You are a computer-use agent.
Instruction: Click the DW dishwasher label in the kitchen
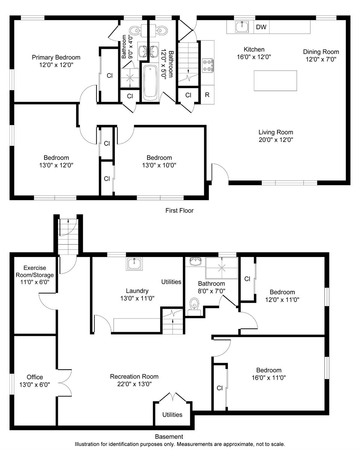[261, 27]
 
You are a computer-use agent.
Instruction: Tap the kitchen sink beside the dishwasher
[242, 27]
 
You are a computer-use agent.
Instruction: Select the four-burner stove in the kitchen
[208, 66]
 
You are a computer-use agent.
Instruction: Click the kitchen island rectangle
[275, 81]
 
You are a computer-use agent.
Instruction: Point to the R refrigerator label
[207, 95]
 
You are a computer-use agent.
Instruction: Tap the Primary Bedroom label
[56, 57]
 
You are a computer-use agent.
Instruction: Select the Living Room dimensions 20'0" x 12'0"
[276, 140]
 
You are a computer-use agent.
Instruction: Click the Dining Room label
[321, 52]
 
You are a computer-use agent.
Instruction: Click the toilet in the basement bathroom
[194, 306]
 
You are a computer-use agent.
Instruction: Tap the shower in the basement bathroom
[222, 268]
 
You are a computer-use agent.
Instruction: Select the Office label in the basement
[35, 377]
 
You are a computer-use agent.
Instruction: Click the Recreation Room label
[134, 376]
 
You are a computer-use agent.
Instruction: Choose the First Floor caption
[179, 210]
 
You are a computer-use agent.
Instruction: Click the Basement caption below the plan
[169, 436]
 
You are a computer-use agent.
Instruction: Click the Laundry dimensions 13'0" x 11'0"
[137, 298]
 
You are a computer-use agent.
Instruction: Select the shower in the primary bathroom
[130, 78]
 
